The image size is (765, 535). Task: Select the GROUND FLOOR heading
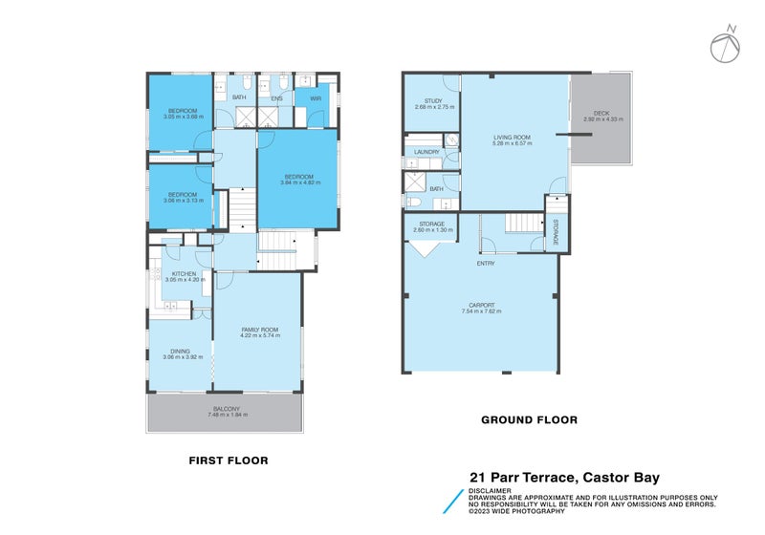click(529, 419)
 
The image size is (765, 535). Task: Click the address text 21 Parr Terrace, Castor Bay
click(578, 478)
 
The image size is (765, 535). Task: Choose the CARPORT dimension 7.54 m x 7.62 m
click(481, 311)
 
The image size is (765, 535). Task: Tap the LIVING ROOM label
click(512, 138)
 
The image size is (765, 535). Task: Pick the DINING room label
click(180, 351)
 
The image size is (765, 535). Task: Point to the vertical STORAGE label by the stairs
click(555, 232)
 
